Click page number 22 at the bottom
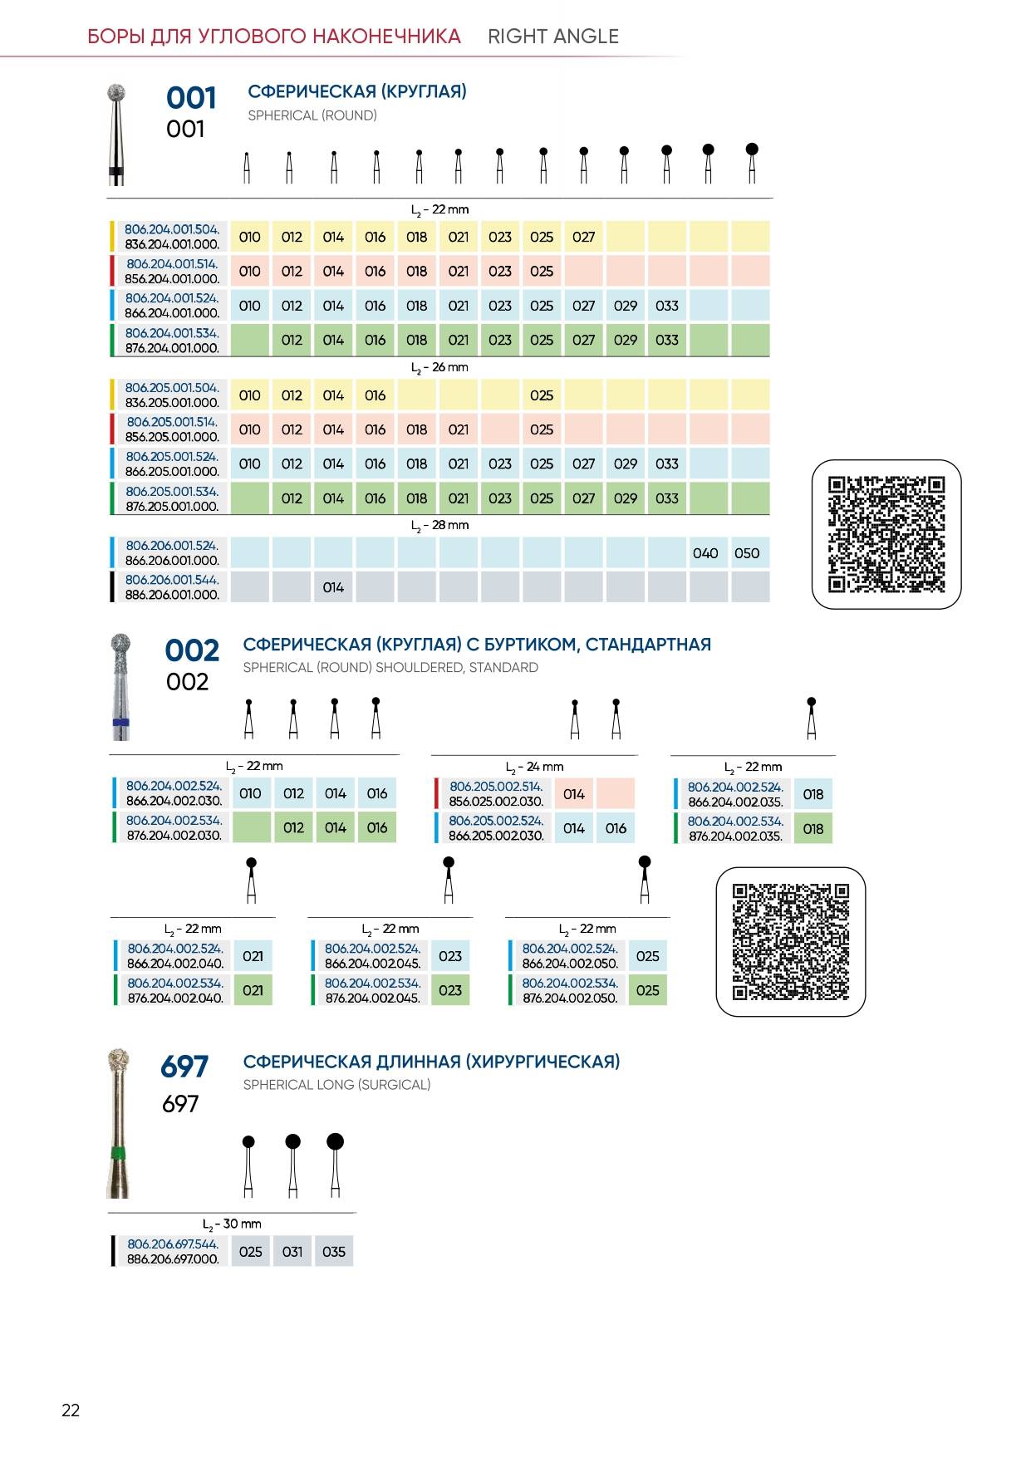[x=71, y=1410]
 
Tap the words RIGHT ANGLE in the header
[x=553, y=37]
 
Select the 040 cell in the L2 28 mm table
[x=705, y=553]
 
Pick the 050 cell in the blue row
[x=747, y=553]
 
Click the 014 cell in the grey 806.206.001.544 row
[x=333, y=587]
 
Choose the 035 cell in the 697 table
[x=334, y=1252]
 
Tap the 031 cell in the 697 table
[x=292, y=1252]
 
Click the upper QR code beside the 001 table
[x=886, y=534]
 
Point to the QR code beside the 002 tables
[x=791, y=942]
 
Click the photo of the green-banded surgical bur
[x=119, y=1123]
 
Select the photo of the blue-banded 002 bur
[x=121, y=687]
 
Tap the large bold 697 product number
[x=184, y=1067]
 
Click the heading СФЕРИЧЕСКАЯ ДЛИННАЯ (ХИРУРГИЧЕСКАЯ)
[x=432, y=1062]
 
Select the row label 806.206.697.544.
[x=173, y=1244]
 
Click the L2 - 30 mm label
[x=232, y=1224]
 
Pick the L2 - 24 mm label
[x=534, y=768]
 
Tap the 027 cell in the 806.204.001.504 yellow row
[x=583, y=237]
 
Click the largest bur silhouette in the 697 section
[x=335, y=1165]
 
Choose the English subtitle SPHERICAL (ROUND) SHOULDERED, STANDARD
[x=390, y=668]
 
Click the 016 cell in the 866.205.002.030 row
[x=616, y=828]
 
